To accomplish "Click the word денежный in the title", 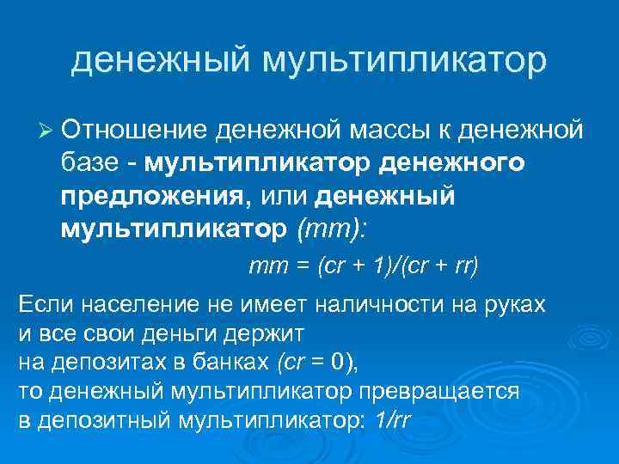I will (162, 60).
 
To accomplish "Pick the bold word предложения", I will (151, 197).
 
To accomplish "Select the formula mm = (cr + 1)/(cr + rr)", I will (363, 266).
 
